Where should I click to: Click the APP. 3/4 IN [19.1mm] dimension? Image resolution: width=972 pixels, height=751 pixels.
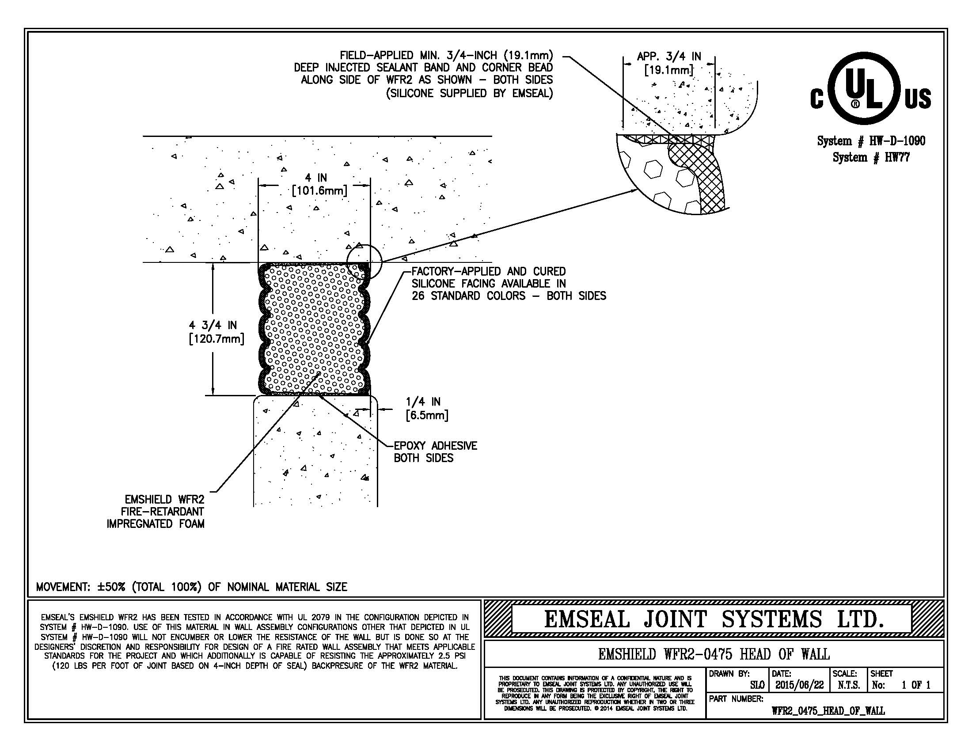669,63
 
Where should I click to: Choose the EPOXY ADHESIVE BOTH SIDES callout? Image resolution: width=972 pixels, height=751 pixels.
435,451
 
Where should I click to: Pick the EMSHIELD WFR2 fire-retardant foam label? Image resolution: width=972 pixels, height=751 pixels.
156,511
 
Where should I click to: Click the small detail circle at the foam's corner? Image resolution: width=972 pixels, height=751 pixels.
364,261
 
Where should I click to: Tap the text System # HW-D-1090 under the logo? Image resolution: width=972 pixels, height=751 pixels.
871,141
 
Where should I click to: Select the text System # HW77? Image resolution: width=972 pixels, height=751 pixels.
871,158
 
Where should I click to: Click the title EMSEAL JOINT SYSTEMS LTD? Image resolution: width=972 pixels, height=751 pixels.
714,619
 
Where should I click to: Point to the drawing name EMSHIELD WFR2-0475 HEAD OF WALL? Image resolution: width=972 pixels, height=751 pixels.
714,654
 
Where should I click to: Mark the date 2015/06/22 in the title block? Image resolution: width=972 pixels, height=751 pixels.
799,685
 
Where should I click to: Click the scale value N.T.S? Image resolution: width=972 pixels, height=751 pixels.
849,685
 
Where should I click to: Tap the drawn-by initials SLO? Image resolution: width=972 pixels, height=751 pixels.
756,685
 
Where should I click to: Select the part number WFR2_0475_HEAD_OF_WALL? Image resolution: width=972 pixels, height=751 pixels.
828,710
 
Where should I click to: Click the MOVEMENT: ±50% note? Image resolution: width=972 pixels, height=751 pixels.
191,587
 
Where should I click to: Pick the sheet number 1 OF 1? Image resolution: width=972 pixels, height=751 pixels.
915,685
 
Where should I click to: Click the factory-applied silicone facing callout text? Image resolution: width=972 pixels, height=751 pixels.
508,284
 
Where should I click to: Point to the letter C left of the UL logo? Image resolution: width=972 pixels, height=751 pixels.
816,99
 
